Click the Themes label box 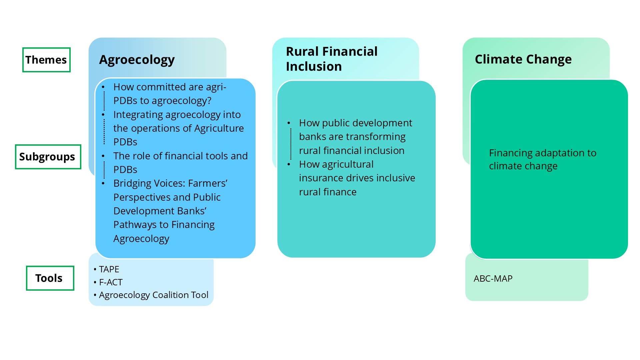[x=46, y=60]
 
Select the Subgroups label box [x=48, y=157]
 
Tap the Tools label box [x=50, y=278]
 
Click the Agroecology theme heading [x=137, y=60]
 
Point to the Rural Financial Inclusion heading [x=332, y=59]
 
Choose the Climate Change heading [x=523, y=59]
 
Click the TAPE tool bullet [x=106, y=269]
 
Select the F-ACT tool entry [x=108, y=282]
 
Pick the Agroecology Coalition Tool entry [x=151, y=295]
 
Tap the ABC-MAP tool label [x=493, y=279]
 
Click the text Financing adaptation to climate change [x=543, y=159]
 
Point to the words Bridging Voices [x=149, y=183]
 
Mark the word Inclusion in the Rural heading [x=314, y=67]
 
